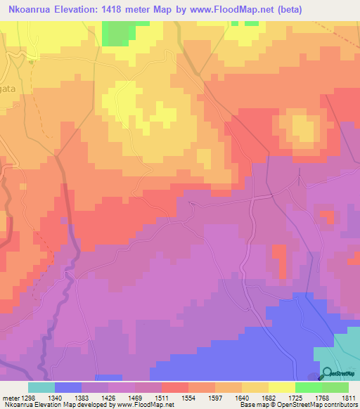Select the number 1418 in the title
(x=117, y=9)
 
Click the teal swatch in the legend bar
(x=41, y=387)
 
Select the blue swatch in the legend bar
(x=68, y=387)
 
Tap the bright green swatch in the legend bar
(x=309, y=387)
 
